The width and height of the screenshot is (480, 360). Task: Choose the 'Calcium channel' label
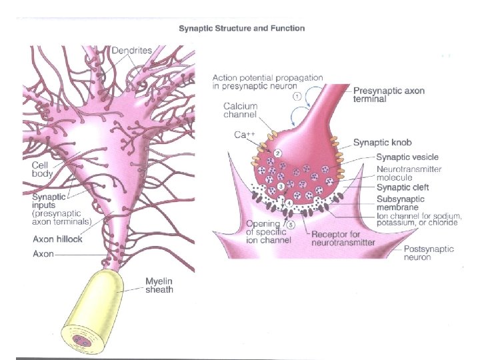click(x=240, y=110)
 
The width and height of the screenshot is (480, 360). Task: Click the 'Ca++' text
click(x=243, y=135)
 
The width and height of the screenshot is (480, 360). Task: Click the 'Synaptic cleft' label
click(x=402, y=187)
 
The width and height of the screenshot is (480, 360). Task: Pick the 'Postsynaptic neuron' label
click(x=429, y=253)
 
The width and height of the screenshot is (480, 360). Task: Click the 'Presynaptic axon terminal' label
click(x=387, y=95)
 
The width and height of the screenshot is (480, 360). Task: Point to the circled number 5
click(x=291, y=224)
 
